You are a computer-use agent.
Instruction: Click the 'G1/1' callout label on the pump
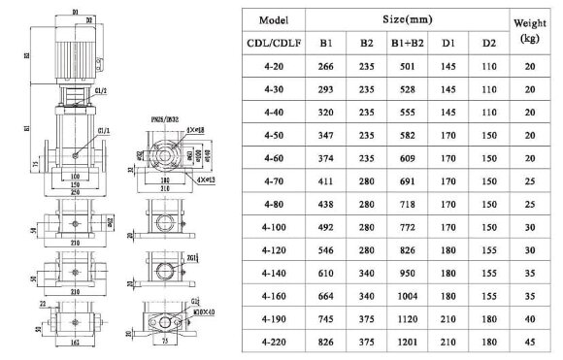coord(102,128)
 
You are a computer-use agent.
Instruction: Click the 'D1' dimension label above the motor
coord(75,11)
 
